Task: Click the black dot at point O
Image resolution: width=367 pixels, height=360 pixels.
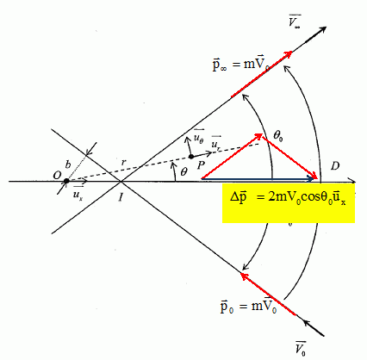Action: [66, 181]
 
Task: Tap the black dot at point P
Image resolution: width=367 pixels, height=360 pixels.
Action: [191, 157]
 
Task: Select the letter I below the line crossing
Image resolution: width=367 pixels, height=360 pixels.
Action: [121, 197]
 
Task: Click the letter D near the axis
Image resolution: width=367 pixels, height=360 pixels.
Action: [334, 166]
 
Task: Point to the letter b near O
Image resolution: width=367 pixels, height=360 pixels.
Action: [68, 164]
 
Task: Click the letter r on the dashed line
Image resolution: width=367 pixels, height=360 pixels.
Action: [123, 163]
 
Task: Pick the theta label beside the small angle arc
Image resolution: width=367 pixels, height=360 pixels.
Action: [183, 171]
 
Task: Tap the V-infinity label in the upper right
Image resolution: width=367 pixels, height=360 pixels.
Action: [295, 21]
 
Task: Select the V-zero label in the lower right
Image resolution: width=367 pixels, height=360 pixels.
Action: [301, 348]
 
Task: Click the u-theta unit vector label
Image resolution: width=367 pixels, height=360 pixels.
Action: [199, 137]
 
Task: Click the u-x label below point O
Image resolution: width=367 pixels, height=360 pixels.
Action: [78, 195]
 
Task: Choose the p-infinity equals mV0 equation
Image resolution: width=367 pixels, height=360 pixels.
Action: [241, 65]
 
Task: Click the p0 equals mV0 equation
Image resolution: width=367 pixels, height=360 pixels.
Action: [248, 307]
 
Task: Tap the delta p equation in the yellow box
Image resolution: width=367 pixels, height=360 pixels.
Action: [288, 198]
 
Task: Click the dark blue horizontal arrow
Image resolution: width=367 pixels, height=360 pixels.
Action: [258, 179]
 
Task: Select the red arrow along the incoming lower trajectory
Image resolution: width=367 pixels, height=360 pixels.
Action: [268, 295]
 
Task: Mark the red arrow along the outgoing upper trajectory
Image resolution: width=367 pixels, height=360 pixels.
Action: [262, 74]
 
